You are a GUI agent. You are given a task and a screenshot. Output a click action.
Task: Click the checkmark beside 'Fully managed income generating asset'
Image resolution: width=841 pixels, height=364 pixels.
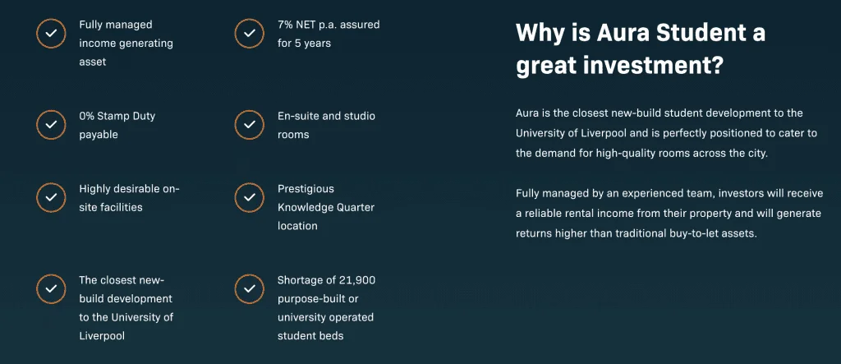pos(51,34)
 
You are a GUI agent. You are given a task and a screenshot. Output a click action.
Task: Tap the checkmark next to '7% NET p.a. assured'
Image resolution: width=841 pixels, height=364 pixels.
pos(250,34)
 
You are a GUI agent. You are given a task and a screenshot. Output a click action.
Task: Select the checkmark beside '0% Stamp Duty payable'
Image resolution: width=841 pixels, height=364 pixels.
pos(51,125)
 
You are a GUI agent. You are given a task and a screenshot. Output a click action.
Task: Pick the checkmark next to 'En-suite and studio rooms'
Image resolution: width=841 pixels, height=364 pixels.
pos(250,125)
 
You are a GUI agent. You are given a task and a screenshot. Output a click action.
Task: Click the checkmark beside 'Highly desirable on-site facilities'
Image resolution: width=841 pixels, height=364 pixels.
pos(51,197)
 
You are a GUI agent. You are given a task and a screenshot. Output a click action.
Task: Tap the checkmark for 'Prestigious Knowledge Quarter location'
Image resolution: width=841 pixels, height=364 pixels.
pos(250,197)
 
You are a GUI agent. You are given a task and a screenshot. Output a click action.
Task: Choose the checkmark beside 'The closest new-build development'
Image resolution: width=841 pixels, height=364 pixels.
pos(51,289)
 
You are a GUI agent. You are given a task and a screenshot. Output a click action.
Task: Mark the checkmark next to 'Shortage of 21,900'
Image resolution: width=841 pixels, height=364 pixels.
pos(250,289)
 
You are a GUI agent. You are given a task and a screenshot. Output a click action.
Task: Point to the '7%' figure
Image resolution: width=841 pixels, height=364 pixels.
pos(285,25)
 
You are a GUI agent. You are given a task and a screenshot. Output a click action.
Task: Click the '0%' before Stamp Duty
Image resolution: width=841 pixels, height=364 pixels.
pos(86,116)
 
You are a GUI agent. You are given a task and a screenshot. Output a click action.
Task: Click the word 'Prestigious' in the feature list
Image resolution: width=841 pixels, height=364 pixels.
pos(306,189)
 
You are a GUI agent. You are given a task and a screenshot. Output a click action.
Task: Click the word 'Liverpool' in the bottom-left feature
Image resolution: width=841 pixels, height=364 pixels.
pos(102,336)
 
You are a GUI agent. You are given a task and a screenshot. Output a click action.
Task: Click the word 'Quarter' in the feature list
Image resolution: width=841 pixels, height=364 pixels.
pos(355,207)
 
